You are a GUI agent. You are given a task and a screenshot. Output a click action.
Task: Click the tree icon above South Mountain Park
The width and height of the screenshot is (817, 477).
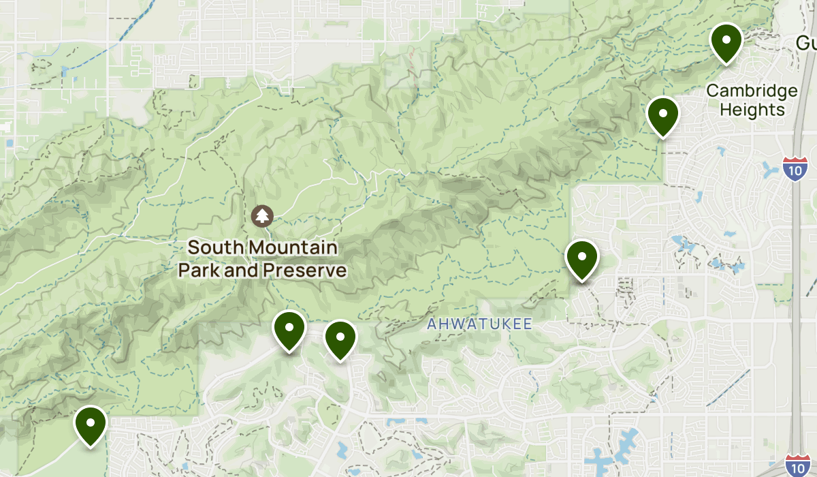point(262,216)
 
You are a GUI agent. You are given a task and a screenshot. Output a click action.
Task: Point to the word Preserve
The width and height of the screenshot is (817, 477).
point(304,271)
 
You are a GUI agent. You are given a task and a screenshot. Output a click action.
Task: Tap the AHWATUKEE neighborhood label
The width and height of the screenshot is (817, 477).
point(479,325)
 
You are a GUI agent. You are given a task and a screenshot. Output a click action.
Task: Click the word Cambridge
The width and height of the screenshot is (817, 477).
point(752,91)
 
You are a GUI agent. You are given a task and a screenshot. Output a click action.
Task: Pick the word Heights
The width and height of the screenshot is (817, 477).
point(752,110)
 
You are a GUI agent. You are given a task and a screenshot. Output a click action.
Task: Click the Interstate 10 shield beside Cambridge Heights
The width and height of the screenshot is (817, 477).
point(795,168)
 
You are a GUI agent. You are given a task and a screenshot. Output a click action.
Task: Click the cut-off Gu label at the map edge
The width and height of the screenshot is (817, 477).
point(806,44)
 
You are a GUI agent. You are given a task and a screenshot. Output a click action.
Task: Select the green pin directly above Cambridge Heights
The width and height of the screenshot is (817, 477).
point(726,42)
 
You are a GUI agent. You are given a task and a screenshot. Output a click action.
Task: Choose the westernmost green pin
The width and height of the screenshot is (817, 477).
point(90,424)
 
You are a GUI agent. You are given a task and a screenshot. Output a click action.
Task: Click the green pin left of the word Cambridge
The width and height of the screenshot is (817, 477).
point(662,115)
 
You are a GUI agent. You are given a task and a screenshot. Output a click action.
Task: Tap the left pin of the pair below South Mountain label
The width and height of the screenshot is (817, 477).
point(289,329)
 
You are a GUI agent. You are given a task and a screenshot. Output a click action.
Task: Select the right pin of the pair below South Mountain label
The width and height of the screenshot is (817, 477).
point(340,339)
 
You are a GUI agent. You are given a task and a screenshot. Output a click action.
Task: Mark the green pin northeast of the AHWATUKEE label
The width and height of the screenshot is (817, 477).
point(581,259)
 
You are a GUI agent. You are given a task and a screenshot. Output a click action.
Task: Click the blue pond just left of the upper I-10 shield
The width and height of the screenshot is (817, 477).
point(772,169)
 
